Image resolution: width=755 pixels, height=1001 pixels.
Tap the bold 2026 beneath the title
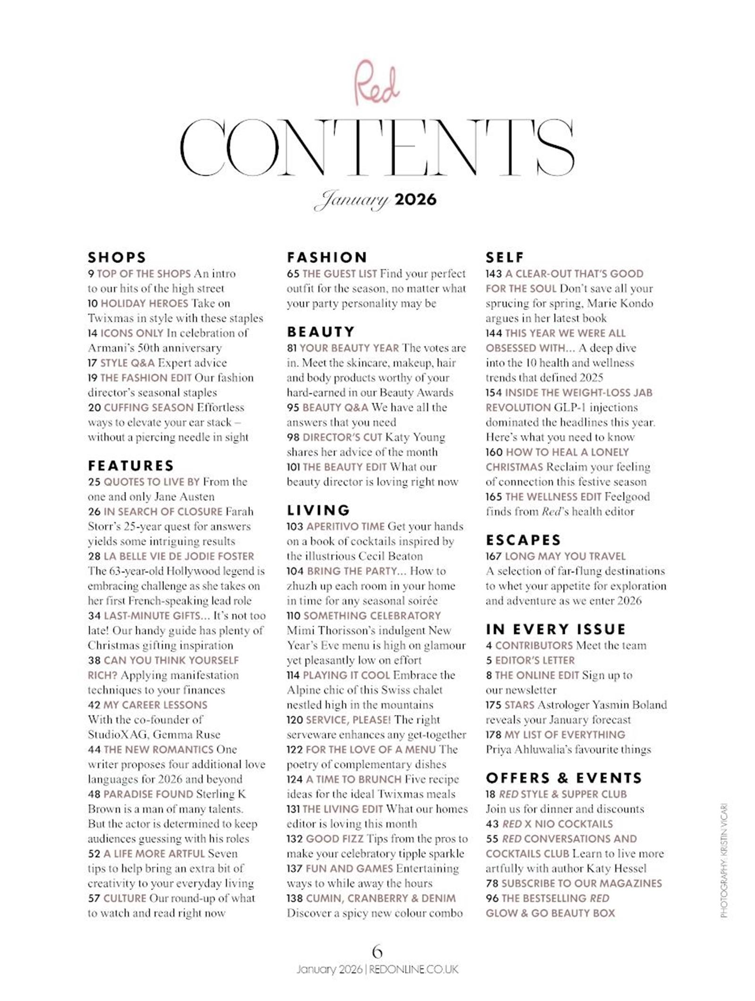point(415,199)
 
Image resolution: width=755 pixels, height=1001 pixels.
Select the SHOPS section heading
point(117,257)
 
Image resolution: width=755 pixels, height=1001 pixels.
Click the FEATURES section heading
point(131,466)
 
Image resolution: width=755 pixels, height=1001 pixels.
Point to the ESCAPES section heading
point(523,540)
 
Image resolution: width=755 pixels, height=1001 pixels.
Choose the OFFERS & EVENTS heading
point(564,778)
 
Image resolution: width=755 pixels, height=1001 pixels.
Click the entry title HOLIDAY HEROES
point(144,303)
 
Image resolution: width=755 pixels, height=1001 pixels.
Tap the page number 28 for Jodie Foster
point(94,556)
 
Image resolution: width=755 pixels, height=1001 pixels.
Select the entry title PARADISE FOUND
point(148,794)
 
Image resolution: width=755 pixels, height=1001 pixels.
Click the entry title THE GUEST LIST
point(340,274)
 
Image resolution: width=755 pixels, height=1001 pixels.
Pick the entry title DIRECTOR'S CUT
point(342,437)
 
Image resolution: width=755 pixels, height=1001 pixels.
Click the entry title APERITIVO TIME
point(345,526)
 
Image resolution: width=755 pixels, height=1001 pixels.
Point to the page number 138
point(294,898)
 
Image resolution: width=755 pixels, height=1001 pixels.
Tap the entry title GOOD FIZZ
point(335,839)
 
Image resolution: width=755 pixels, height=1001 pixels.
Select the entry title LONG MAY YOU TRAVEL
point(565,556)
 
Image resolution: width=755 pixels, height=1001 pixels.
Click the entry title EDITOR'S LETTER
point(535,660)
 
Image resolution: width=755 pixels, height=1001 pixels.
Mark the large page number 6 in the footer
point(377,950)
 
